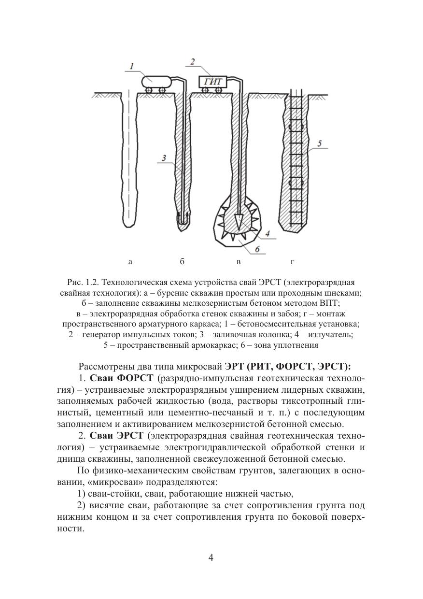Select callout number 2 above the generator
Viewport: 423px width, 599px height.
click(192, 61)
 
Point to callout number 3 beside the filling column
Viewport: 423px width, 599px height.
click(164, 158)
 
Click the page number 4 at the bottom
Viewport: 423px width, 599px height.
click(211, 557)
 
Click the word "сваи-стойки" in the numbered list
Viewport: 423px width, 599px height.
click(113, 494)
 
